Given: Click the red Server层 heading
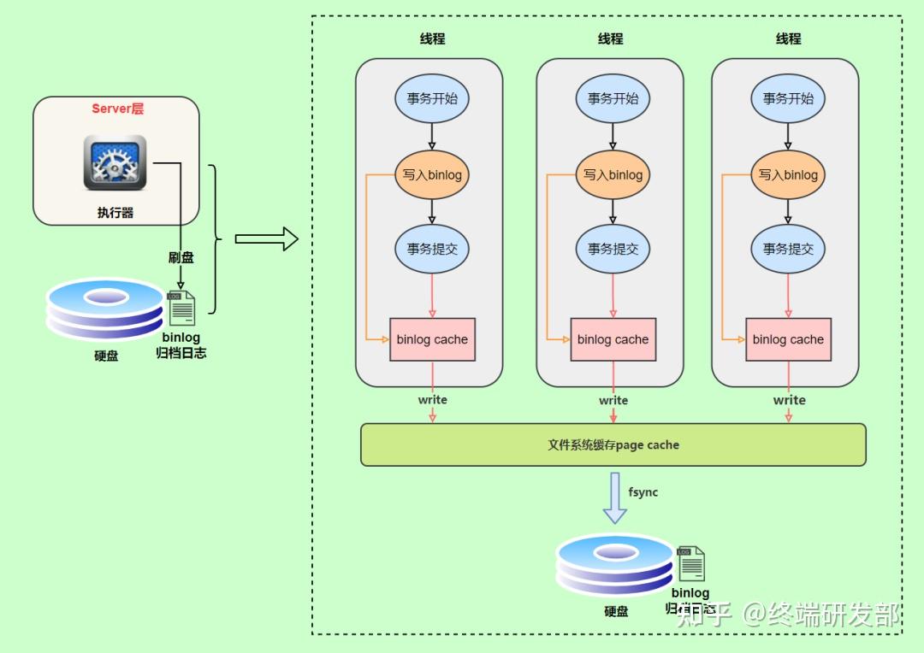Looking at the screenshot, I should click(x=118, y=109).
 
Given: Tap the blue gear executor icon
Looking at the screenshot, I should click(x=115, y=162).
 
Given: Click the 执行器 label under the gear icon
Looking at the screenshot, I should click(x=115, y=212).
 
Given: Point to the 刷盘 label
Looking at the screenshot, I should click(x=181, y=257).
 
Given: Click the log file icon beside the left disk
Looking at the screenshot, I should click(x=181, y=308).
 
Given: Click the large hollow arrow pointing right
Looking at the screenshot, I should click(x=266, y=240).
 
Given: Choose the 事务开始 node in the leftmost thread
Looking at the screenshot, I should click(x=432, y=98).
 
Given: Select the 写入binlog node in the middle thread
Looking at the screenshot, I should click(x=613, y=174).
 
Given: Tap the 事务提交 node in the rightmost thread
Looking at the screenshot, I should click(x=788, y=249).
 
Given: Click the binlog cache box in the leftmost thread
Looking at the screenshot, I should click(x=432, y=339).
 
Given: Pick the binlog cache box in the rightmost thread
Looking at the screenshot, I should click(x=788, y=339).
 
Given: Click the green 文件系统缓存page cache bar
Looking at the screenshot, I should click(x=613, y=444).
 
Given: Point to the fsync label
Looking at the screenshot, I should click(x=643, y=492).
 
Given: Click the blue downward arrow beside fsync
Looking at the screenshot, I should click(x=614, y=498).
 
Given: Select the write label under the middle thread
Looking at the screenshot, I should click(x=613, y=400).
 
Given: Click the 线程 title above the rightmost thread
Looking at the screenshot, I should click(x=788, y=38).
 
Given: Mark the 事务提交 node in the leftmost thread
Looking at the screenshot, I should click(x=432, y=249).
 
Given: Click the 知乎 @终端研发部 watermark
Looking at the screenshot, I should click(x=787, y=614).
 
